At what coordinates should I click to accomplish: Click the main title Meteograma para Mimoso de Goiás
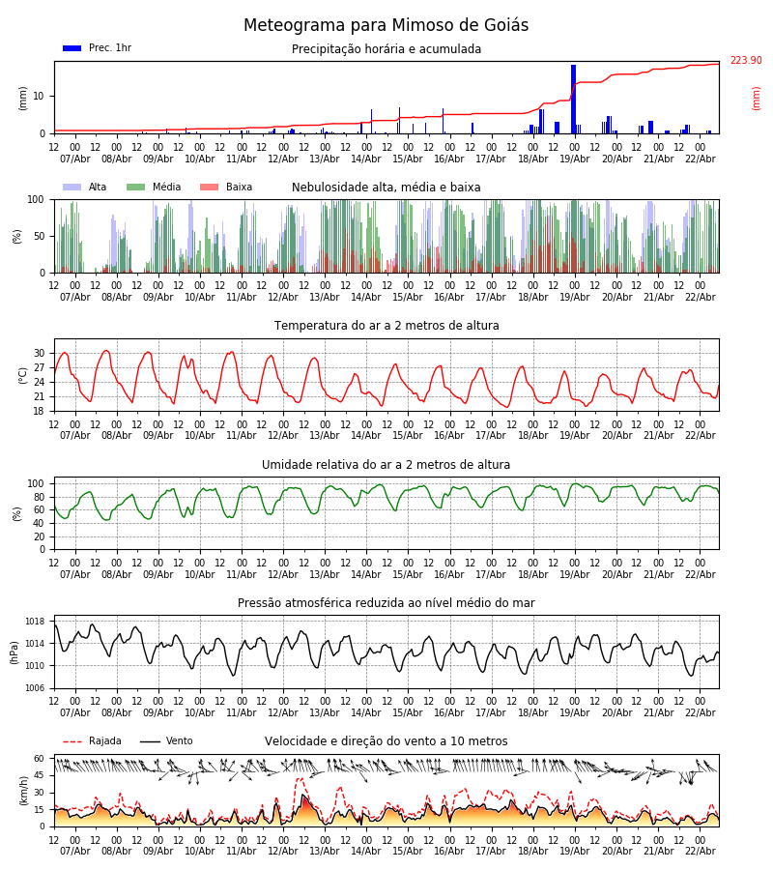386,26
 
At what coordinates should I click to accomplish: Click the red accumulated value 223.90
745,61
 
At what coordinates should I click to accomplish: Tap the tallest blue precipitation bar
573,97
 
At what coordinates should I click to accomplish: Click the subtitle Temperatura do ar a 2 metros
386,326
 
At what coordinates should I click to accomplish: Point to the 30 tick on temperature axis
40,353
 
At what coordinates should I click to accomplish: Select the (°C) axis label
23,374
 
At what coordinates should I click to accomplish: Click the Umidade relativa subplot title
386,465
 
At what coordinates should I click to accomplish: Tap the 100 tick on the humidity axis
36,483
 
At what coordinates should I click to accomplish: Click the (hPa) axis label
15,652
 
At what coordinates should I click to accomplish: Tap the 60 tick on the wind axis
40,759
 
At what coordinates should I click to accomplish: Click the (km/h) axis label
23,790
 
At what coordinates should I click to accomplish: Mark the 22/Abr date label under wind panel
700,851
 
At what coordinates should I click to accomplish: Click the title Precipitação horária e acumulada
386,49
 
